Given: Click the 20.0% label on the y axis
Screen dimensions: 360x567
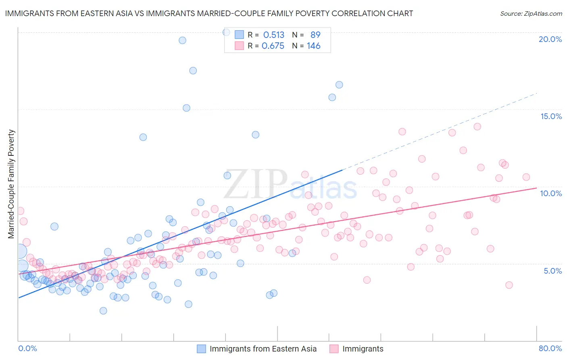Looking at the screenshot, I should [550, 39].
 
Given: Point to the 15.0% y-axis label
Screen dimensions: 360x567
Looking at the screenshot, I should [551, 116].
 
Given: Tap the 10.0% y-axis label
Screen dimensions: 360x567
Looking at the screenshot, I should [551, 193].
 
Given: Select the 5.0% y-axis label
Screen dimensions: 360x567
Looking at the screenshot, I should [552, 271].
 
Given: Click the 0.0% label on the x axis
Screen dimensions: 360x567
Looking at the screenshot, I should [27, 348].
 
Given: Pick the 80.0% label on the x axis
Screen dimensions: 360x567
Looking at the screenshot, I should [550, 348].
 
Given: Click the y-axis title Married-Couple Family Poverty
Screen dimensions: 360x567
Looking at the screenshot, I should [11, 184].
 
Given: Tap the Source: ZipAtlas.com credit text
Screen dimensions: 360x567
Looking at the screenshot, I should [531, 13].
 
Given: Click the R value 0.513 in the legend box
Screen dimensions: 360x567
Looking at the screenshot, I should [274, 35].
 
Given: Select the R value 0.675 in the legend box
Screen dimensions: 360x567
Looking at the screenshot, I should [273, 46].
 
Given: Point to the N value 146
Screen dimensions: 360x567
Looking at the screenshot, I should [313, 46].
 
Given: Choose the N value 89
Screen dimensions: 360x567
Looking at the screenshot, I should [315, 35].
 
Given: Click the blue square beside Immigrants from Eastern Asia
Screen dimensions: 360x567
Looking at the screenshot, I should [201, 349].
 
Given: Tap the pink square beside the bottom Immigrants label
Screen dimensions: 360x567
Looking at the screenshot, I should [334, 349].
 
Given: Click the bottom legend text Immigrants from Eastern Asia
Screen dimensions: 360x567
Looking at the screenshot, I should [263, 349].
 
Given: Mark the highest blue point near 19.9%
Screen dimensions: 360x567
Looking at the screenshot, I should [182, 40].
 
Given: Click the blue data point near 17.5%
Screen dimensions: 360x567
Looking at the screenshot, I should [193, 71].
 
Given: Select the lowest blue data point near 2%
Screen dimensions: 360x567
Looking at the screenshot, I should [103, 311].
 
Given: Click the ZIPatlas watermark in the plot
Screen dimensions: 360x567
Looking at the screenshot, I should [290, 184].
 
